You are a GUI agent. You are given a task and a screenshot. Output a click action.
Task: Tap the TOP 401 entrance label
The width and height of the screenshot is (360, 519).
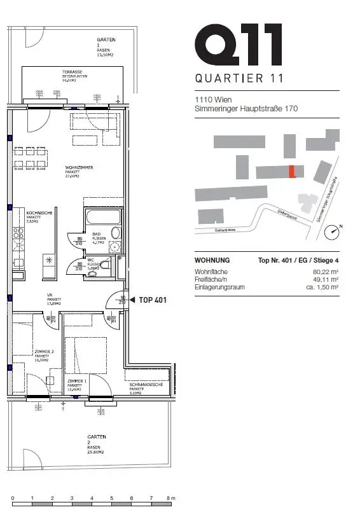pos(153,300)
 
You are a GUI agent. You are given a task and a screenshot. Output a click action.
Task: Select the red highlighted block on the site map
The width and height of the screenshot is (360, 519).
pos(291,171)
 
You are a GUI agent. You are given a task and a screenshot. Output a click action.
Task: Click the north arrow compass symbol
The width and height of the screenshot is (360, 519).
pos(332,232)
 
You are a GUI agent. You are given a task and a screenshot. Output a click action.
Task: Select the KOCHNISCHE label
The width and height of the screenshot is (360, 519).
pos(39,214)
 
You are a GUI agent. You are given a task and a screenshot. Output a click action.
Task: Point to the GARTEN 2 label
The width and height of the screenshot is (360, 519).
pos(97,438)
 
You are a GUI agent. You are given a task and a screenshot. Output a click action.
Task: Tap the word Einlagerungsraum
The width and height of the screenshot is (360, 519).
pos(219,287)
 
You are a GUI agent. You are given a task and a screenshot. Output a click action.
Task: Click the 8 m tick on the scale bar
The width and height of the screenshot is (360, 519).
pos(170,497)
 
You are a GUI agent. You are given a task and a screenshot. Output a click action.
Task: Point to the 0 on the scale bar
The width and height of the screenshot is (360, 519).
pos(13,497)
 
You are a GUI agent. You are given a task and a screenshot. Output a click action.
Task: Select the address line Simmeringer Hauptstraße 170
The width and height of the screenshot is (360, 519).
pos(246,109)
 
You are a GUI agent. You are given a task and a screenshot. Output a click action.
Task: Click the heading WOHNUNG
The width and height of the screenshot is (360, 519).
pos(212,260)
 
